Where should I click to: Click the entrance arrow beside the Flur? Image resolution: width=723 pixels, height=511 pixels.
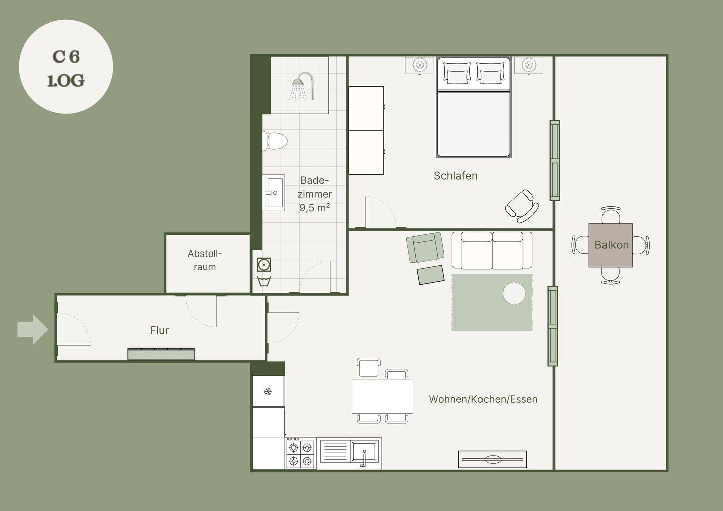tap(33, 329)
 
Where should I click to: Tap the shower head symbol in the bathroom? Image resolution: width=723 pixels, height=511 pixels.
tap(303, 86)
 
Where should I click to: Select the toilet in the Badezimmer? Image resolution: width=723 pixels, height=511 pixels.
tap(275, 141)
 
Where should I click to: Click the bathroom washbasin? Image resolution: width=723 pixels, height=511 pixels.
tap(273, 193)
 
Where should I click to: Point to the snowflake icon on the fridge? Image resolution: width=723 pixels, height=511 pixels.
tap(268, 392)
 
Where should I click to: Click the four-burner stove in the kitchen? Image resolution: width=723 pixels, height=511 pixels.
tap(300, 453)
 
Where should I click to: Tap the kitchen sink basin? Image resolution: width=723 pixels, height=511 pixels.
tap(365, 452)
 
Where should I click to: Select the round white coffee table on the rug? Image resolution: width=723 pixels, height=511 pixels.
tap(514, 293)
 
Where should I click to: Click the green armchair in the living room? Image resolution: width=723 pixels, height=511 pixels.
tap(425, 247)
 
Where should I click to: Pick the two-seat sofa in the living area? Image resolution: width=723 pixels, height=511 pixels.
tap(492, 250)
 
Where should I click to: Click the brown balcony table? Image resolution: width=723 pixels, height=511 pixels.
tap(611, 245)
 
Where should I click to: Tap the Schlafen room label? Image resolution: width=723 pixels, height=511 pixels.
tap(456, 176)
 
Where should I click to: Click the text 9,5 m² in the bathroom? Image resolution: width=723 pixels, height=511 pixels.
tap(315, 208)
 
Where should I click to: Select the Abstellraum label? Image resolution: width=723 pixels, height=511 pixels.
tap(205, 260)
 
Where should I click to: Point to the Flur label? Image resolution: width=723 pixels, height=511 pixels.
tap(159, 330)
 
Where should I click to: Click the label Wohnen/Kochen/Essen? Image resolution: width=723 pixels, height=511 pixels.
tap(483, 399)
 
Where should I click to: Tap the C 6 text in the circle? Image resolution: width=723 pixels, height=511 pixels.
tap(66, 57)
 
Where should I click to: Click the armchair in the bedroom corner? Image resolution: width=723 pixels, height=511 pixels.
tap(522, 206)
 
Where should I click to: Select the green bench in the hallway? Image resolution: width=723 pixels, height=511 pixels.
tap(161, 354)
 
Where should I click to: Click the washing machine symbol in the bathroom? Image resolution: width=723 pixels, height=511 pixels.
tap(264, 265)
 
